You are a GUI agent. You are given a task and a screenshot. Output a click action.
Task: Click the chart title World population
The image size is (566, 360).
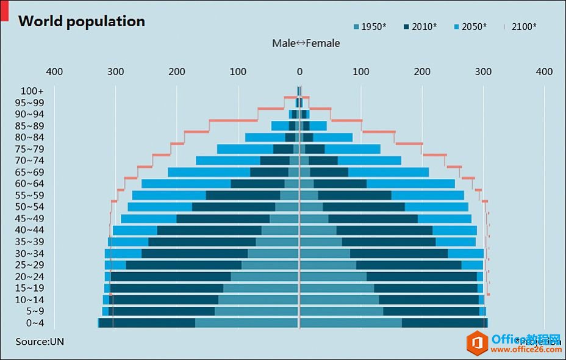tap(82, 21)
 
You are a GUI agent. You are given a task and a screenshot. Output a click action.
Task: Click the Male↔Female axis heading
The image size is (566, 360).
tap(306, 43)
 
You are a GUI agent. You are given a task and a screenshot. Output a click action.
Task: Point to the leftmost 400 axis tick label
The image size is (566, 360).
tap(55, 72)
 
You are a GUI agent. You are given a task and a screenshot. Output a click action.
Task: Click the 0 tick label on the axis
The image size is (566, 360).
tap(299, 72)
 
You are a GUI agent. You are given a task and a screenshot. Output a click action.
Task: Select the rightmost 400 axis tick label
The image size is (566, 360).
tap(544, 72)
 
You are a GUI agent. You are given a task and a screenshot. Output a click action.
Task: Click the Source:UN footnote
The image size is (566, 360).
tap(40, 342)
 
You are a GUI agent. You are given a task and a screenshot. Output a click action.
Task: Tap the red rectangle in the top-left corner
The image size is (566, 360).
tap(4, 10)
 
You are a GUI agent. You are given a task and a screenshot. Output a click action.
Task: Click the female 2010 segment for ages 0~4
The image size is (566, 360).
tap(444, 323)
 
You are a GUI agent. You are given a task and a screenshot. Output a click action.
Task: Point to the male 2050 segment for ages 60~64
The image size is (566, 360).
tap(186, 184)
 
